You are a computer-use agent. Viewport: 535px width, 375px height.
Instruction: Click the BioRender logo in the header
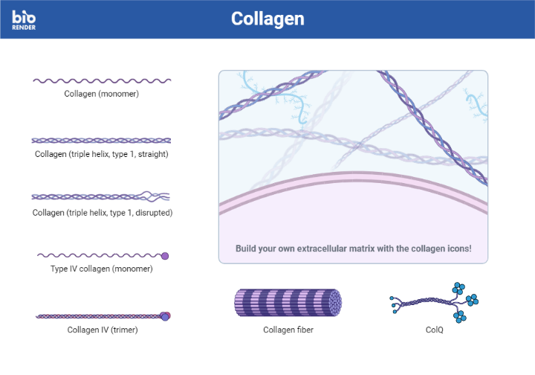(x=24, y=19)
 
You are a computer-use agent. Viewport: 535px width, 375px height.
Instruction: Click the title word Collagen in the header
(x=267, y=19)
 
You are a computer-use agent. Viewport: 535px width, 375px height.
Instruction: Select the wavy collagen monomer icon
(x=101, y=80)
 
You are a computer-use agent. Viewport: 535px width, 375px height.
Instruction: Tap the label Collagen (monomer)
(x=101, y=94)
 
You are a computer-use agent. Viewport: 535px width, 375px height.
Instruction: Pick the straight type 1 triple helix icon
(x=101, y=140)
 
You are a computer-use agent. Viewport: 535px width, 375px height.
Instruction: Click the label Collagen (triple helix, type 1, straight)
(x=101, y=154)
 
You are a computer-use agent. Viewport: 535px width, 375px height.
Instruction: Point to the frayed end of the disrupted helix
(x=158, y=196)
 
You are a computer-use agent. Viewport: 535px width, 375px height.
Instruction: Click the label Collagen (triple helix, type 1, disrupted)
(x=102, y=212)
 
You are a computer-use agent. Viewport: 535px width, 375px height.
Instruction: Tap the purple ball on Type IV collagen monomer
(x=165, y=255)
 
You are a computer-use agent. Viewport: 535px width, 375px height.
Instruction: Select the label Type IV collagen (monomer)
(x=101, y=269)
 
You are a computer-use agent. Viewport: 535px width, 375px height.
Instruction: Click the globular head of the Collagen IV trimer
(x=165, y=316)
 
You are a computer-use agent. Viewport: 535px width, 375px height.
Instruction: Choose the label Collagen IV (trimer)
(x=102, y=330)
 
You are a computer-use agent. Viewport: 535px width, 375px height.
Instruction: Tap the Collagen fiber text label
(x=288, y=330)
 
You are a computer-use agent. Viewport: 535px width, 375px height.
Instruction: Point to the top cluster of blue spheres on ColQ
(x=458, y=288)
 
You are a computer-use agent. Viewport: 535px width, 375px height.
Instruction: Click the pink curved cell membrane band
(x=353, y=179)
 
